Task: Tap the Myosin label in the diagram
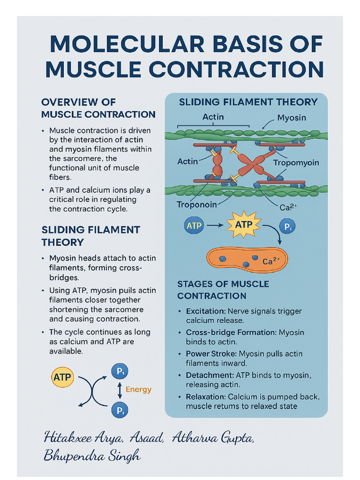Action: click(292, 117)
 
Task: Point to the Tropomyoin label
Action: click(296, 163)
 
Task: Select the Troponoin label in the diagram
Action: click(197, 204)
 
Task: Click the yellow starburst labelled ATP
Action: click(243, 225)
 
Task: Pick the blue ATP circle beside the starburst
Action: click(194, 225)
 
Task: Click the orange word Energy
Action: click(138, 389)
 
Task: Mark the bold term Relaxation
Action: click(206, 397)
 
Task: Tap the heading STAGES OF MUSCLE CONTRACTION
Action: click(223, 290)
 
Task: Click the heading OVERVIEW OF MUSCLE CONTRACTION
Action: click(98, 108)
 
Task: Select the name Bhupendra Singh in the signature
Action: click(91, 455)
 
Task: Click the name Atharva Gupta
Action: click(213, 438)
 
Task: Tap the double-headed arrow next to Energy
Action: click(119, 389)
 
